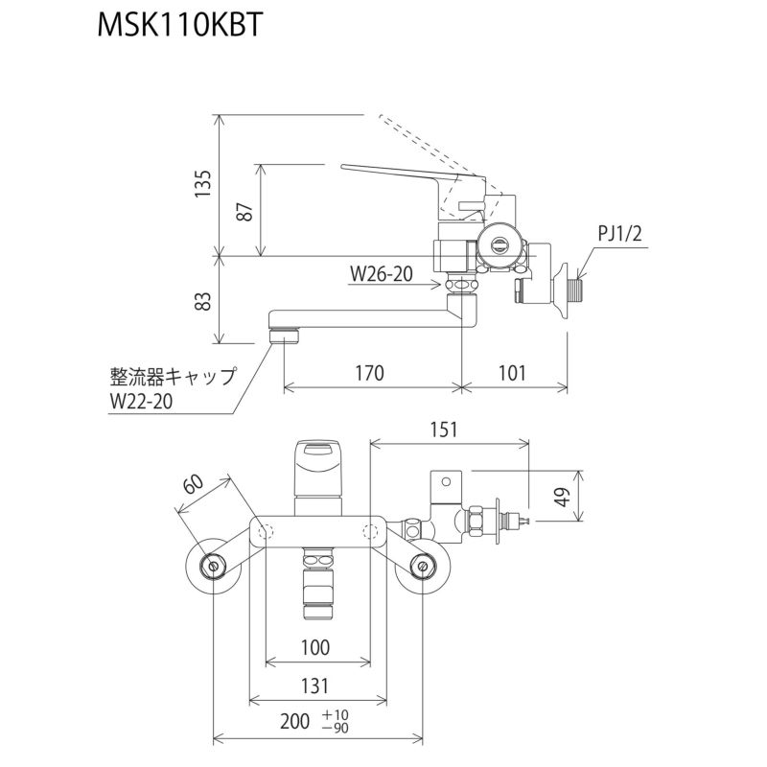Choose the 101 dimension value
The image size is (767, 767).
513,374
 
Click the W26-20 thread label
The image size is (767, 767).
381,274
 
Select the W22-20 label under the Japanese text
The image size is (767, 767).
141,403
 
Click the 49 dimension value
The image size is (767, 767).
563,497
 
